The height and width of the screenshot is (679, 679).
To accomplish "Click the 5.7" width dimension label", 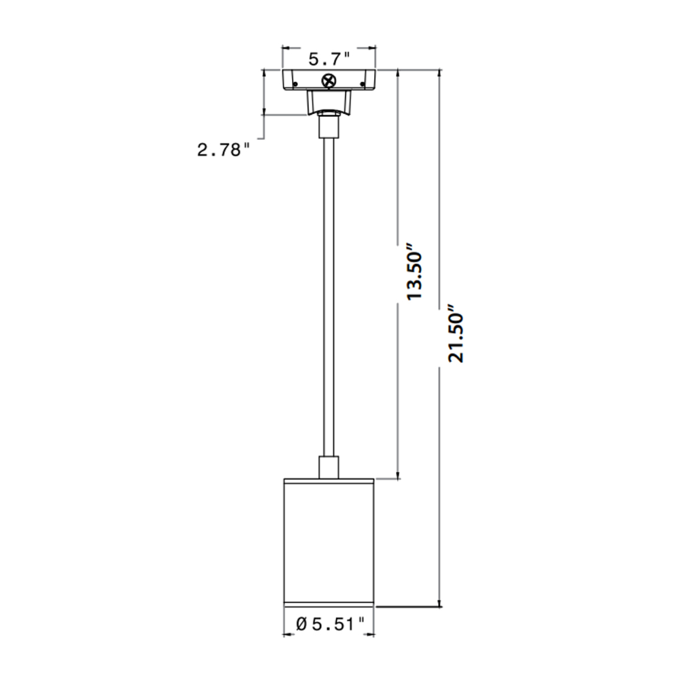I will tap(329, 59).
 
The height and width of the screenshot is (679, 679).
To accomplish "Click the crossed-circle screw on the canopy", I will tap(329, 81).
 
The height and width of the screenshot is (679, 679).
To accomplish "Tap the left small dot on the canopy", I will tap(295, 85).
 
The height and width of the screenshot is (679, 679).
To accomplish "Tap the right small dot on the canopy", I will tap(363, 85).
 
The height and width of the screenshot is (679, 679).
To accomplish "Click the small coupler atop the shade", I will tap(329, 469).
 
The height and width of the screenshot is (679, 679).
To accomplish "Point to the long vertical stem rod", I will tap(329, 292).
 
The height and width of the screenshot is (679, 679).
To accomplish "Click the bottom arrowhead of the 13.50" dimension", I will tap(399, 475).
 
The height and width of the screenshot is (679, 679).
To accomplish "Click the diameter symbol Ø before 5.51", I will tap(301, 623).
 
